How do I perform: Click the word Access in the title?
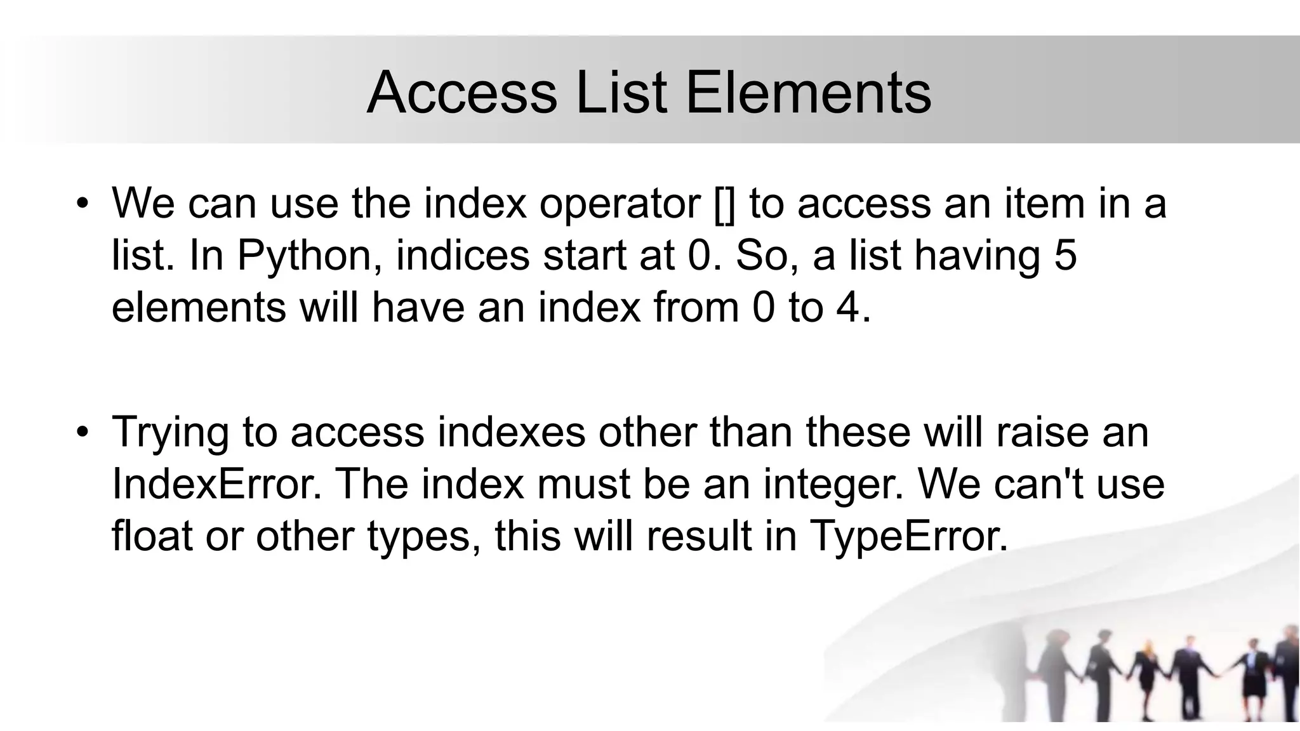pos(461,93)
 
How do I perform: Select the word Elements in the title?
pos(808,93)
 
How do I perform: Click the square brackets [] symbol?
pos(724,204)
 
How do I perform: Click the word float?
pos(152,536)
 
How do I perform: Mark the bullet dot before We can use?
pos(82,204)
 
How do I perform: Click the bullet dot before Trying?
pos(82,433)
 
